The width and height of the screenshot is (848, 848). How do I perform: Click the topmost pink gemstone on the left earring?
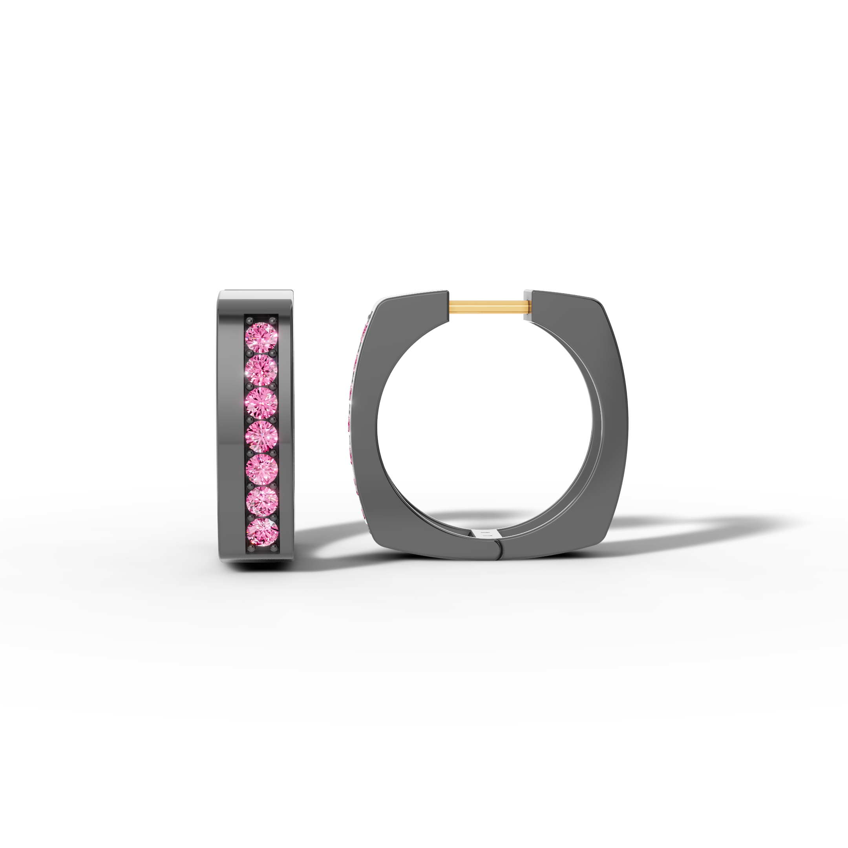[261, 337]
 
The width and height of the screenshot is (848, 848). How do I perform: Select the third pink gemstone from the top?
[261, 403]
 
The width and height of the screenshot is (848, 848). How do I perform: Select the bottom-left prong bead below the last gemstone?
[250, 549]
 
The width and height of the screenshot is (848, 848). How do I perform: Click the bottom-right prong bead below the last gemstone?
[274, 549]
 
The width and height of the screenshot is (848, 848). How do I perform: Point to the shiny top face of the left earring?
[256, 294]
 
